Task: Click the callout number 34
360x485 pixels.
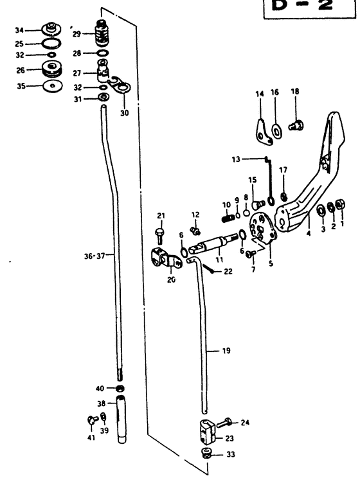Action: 19,30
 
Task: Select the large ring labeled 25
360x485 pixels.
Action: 51,44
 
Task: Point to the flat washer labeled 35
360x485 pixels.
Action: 53,86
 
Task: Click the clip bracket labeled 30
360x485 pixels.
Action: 121,85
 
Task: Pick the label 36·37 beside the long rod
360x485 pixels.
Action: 94,256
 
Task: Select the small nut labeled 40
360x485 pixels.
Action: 120,388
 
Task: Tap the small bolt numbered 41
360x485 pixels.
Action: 92,419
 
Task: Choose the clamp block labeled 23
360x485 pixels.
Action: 207,432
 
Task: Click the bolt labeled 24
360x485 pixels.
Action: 225,422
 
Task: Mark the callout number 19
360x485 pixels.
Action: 226,351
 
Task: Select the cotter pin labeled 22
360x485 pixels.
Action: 208,268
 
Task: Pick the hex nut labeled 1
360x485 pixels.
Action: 341,205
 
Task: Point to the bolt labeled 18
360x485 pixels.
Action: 296,125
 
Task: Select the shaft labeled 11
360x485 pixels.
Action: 213,243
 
